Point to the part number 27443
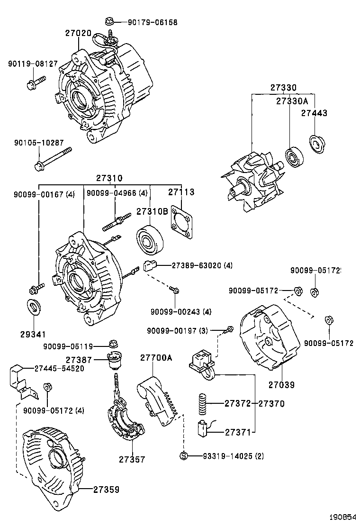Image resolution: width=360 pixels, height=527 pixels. [x=314, y=113]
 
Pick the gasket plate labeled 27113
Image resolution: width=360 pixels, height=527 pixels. [x=181, y=221]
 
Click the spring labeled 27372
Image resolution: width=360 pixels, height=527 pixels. [x=202, y=403]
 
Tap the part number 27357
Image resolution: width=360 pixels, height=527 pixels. [x=132, y=459]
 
